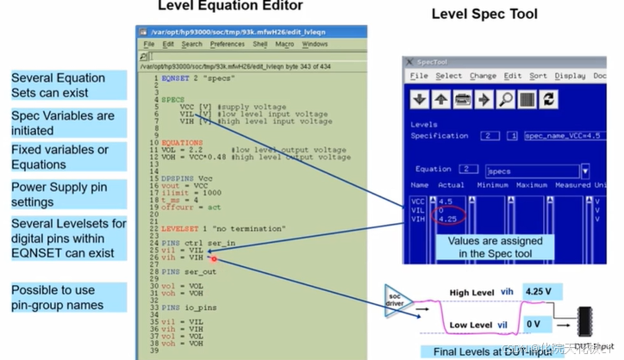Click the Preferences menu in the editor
227,44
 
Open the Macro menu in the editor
285,44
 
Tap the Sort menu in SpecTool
537,76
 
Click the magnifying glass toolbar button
504,99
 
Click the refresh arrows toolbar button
547,99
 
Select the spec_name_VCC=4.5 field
558,135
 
